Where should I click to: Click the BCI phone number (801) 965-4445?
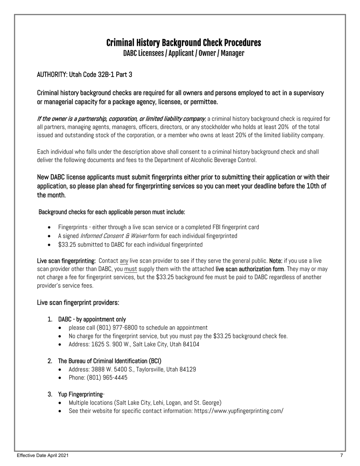(x=107, y=378)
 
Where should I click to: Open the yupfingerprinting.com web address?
(x=238, y=411)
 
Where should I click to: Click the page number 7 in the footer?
(x=341, y=455)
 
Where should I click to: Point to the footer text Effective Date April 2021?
(x=43, y=455)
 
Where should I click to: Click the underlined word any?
(x=124, y=261)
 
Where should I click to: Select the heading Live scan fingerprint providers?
(x=78, y=303)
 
